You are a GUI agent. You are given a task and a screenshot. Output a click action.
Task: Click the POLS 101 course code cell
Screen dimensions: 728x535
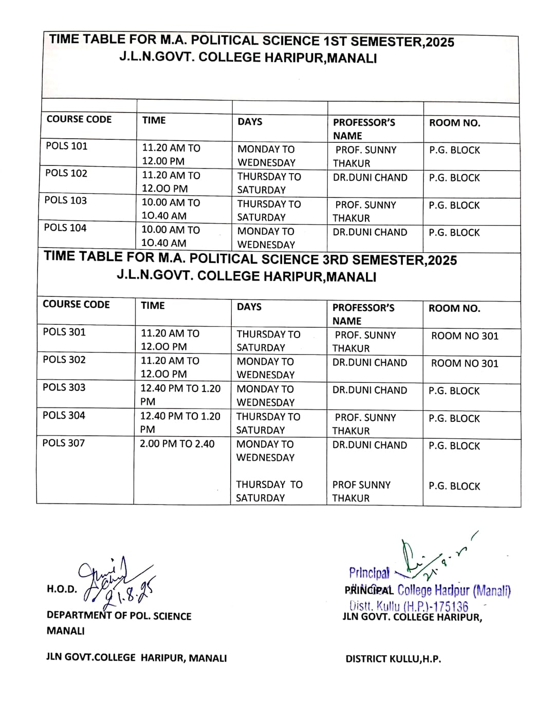tap(67, 146)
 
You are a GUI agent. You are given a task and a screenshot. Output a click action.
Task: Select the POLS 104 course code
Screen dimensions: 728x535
tap(65, 228)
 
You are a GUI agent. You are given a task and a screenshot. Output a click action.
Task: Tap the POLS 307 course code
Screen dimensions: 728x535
tap(64, 443)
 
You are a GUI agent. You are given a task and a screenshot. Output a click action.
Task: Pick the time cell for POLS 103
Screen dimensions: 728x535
tap(171, 209)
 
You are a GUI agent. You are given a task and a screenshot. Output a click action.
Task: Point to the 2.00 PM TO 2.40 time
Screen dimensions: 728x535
tap(177, 444)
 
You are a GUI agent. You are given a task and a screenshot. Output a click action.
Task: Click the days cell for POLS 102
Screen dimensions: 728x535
tap(269, 183)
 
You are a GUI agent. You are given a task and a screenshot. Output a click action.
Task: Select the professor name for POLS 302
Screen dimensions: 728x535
tap(370, 363)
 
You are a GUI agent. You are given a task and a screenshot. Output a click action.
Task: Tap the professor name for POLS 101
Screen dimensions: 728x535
tap(365, 156)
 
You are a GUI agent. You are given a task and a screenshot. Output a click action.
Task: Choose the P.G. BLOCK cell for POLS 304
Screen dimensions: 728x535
tap(454, 419)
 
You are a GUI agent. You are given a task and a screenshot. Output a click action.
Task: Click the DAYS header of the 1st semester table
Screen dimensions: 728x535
tap(250, 122)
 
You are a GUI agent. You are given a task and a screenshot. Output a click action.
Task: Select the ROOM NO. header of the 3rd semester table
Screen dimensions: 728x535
tap(454, 308)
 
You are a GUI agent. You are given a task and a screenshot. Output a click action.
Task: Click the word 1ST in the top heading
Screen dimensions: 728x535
tap(335, 41)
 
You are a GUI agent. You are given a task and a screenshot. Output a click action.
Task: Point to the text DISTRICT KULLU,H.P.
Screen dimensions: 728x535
tap(393, 659)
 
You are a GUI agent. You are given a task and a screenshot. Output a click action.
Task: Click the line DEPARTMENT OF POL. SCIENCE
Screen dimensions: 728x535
tap(119, 616)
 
